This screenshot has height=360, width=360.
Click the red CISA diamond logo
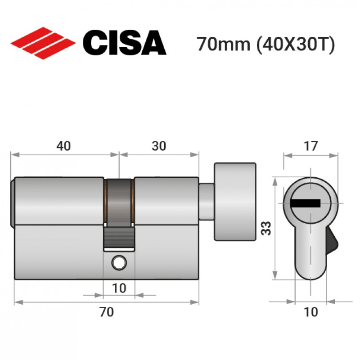click(43, 43)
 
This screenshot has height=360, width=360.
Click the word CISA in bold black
click(125, 43)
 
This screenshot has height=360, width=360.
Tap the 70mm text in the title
click(223, 44)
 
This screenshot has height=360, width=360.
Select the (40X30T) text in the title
click(296, 45)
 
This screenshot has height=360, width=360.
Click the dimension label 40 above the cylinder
click(63, 146)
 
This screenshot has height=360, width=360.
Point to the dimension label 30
click(159, 146)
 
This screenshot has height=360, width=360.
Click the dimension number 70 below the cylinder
click(107, 312)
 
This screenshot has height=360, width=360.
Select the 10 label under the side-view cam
click(119, 288)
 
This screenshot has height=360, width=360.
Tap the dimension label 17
click(310, 146)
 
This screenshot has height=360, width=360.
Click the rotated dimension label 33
click(266, 228)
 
